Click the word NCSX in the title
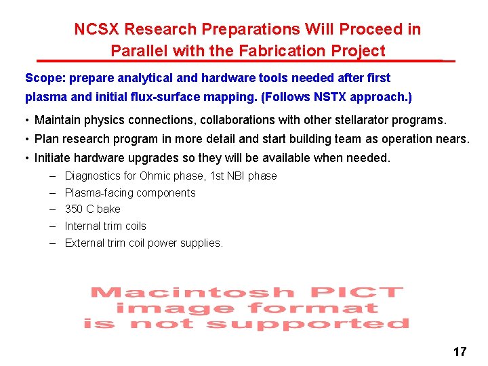96,30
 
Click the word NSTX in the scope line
331,96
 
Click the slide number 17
460,351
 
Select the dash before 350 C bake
52,209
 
